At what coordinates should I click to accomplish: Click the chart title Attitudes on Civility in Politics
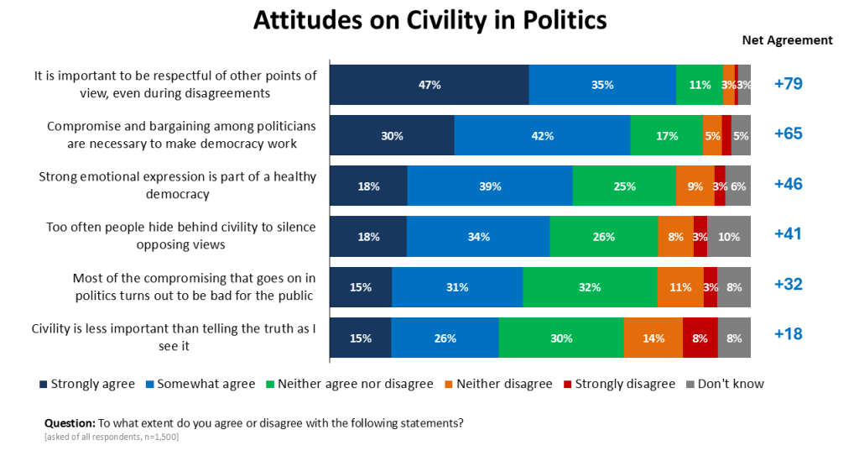(429, 20)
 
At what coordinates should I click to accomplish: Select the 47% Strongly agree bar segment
(429, 84)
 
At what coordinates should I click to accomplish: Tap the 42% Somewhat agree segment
(542, 135)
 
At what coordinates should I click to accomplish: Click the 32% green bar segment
(589, 287)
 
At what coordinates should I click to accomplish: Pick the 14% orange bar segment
(653, 338)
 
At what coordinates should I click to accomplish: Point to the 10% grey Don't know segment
(728, 237)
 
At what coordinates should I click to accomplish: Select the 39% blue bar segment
(489, 186)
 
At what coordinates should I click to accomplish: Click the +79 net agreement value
(789, 84)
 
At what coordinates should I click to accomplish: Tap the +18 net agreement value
(789, 334)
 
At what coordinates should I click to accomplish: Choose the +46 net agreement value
(789, 184)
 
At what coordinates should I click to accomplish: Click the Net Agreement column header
(787, 40)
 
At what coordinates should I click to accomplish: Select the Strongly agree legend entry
(86, 384)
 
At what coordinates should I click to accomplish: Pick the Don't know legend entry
(725, 384)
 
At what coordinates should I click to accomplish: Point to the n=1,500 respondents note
(155, 437)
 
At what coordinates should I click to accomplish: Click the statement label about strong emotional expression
(177, 185)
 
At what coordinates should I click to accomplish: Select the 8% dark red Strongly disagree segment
(700, 338)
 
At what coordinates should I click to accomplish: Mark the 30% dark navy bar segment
(391, 135)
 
